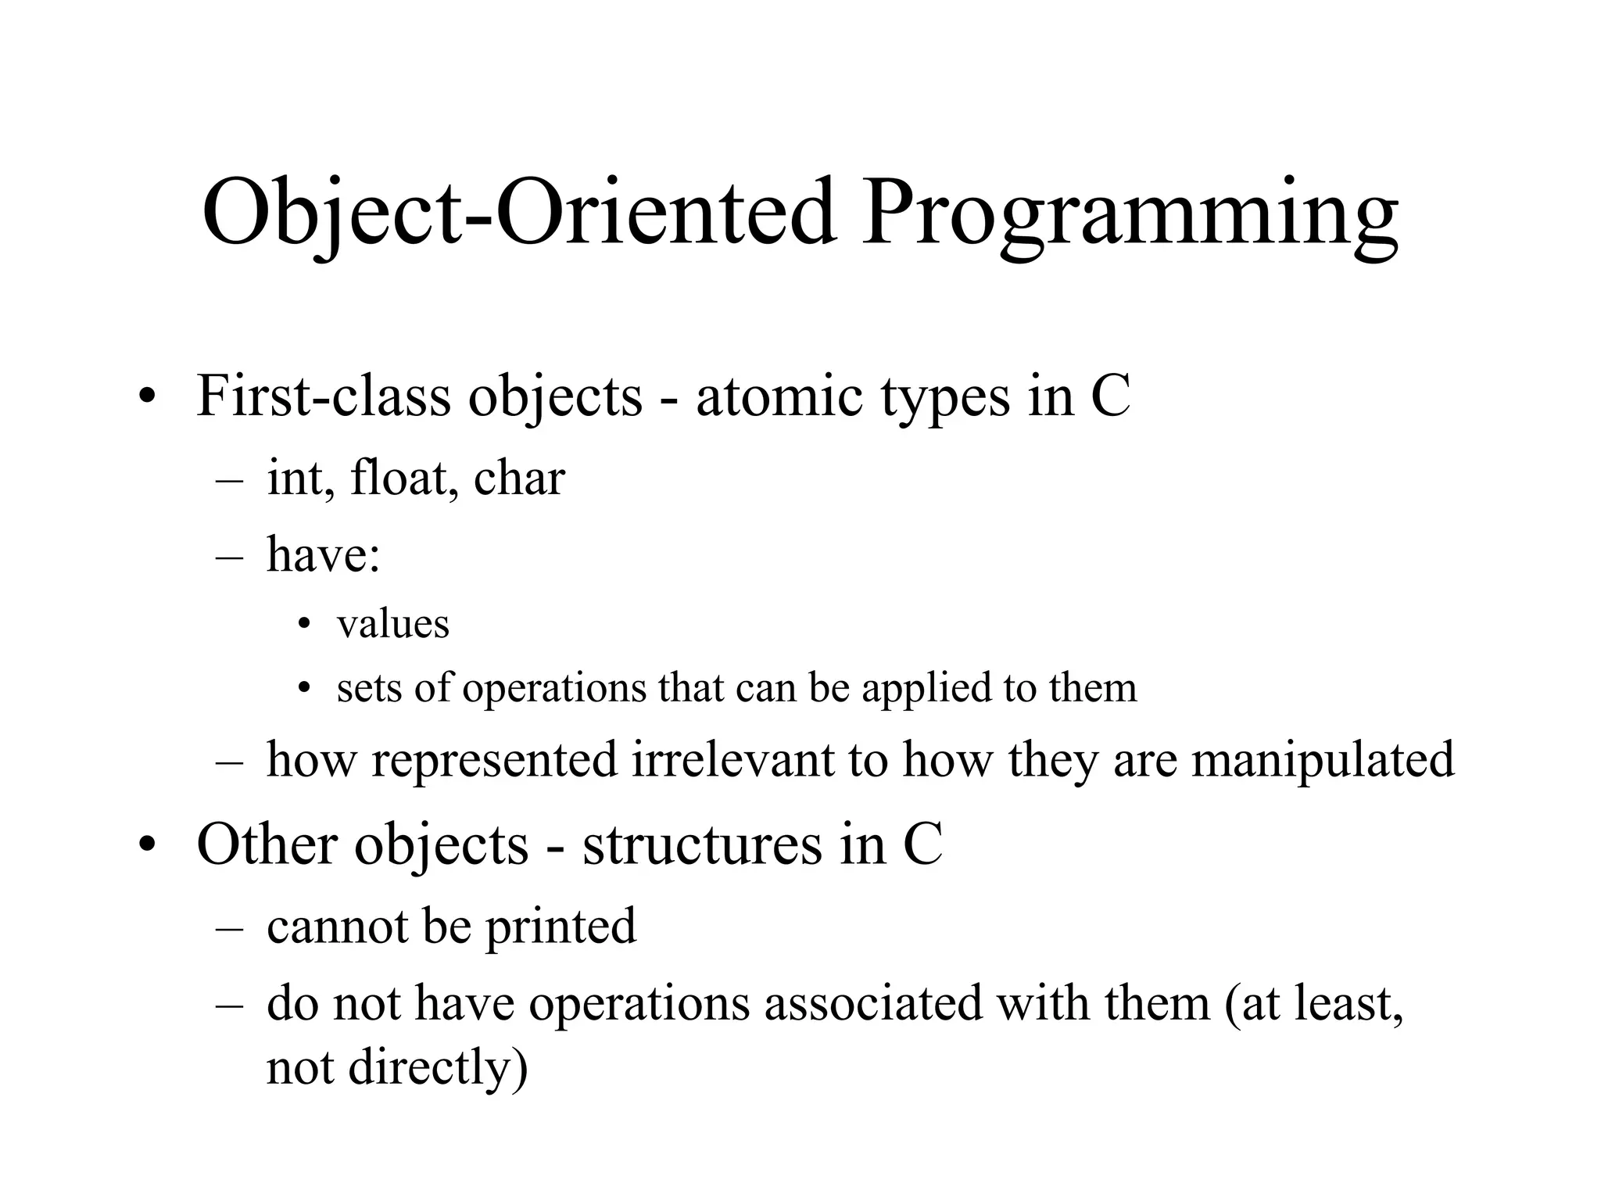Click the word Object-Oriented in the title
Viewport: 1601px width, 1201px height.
coord(519,213)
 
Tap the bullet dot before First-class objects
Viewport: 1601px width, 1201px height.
coord(146,400)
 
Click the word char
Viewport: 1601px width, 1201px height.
coord(519,478)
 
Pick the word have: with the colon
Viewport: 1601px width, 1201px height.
coord(324,554)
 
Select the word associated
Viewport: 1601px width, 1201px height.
coord(872,1002)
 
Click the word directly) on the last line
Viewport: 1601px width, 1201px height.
coord(438,1068)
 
